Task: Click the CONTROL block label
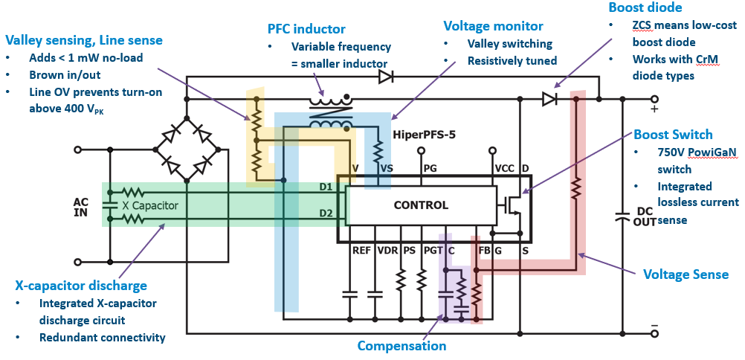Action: coord(421,205)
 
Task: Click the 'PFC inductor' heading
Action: coord(307,30)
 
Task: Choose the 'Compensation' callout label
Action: coord(401,346)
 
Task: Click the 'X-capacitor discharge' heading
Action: coord(81,286)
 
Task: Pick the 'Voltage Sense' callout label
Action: coord(686,274)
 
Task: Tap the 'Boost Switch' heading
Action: coord(673,135)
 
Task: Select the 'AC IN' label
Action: coord(81,208)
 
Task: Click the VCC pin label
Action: coord(505,168)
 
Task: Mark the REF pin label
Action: coord(361,251)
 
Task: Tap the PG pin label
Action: coord(430,168)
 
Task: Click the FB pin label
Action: coord(484,251)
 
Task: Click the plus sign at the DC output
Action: coord(654,109)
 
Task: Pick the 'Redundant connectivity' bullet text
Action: coord(102,338)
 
